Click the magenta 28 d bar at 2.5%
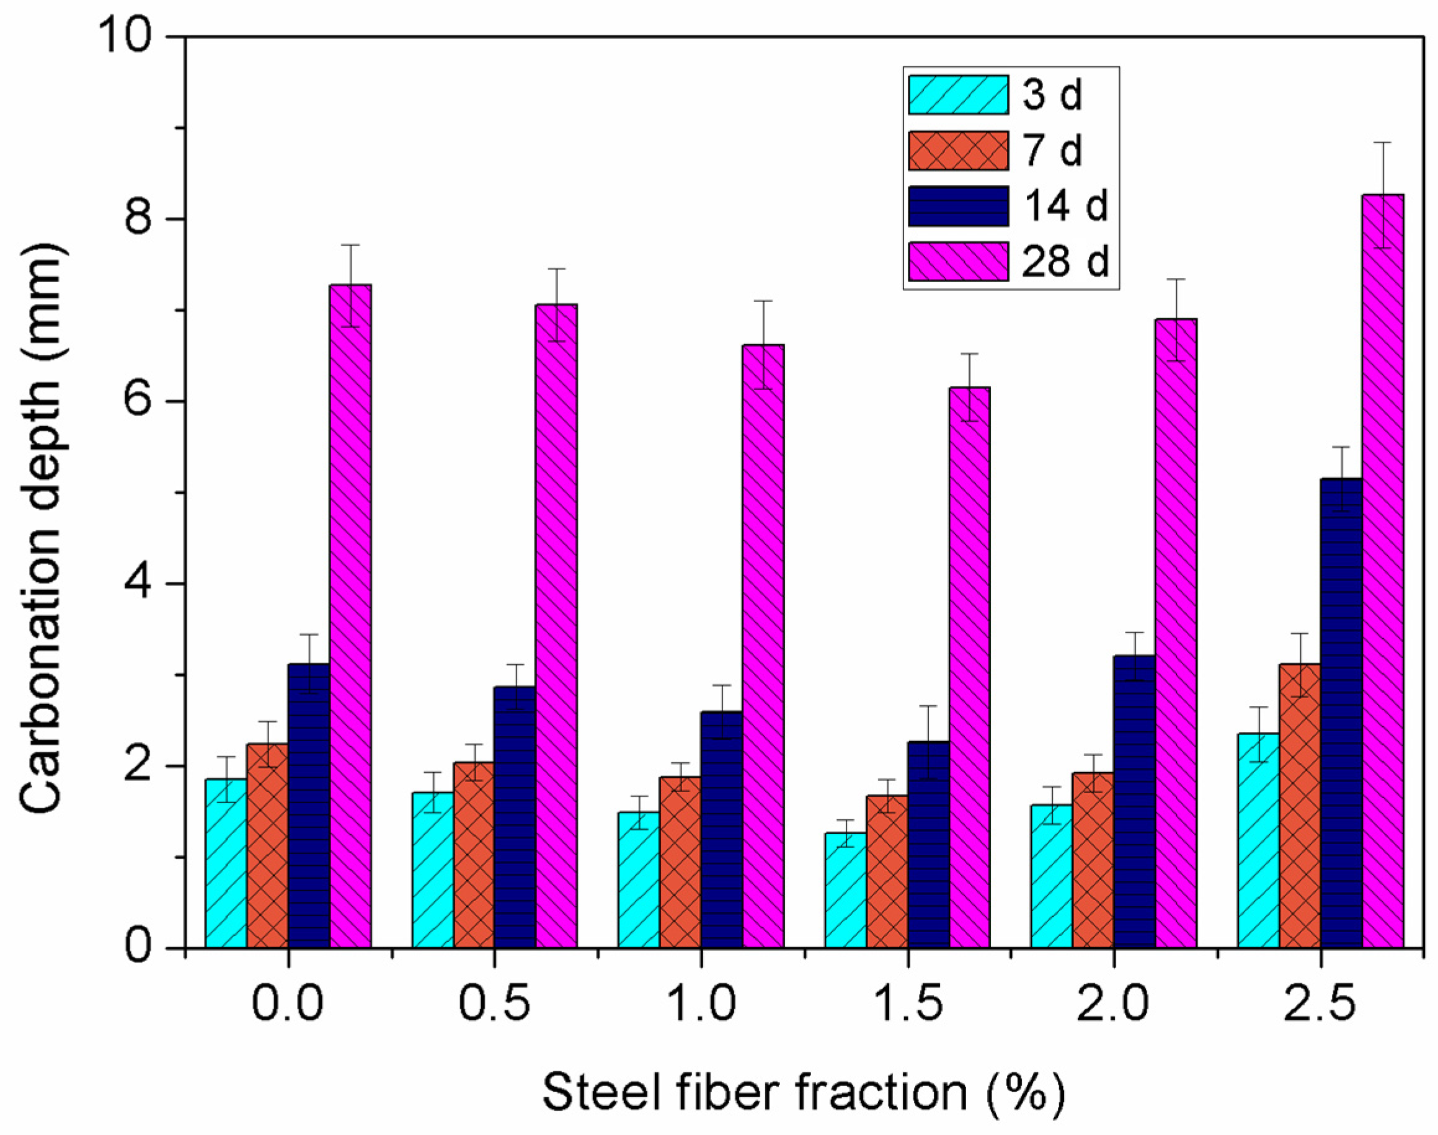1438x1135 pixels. click(1383, 571)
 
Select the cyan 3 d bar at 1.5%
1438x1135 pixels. click(846, 891)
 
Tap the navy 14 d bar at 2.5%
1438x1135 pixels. click(1341, 714)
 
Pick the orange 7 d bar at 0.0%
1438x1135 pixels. click(268, 847)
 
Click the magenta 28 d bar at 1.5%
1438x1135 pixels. click(969, 668)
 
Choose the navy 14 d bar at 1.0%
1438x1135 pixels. click(721, 830)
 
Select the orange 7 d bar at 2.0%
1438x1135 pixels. click(1093, 861)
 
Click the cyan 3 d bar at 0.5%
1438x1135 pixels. click(432, 871)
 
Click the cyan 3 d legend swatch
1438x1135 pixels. click(958, 95)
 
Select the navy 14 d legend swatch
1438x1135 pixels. click(958, 206)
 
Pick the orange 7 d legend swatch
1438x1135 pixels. click(958, 151)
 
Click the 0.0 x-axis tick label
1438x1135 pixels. click(287, 1004)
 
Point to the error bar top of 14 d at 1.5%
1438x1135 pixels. click(928, 706)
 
